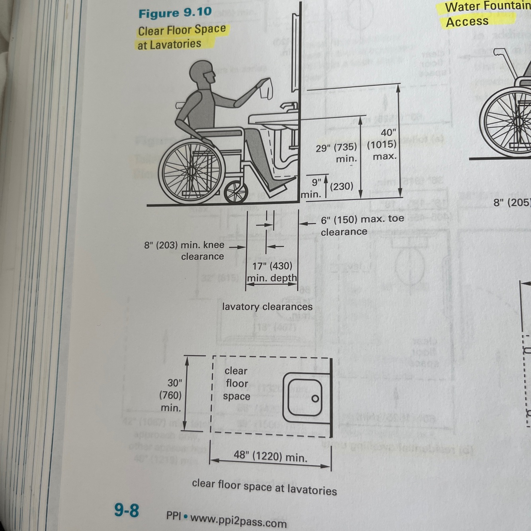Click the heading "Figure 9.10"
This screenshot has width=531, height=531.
[175, 13]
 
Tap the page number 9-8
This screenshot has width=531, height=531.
[127, 510]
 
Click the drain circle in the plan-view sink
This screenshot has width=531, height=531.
[315, 398]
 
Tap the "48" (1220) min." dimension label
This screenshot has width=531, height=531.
[270, 456]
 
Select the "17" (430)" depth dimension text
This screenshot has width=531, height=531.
[272, 266]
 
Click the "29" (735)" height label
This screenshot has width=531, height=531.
[336, 148]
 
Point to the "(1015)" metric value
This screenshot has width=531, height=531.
[382, 144]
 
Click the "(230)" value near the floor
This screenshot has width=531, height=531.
[342, 186]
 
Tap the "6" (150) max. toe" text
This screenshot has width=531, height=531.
[362, 219]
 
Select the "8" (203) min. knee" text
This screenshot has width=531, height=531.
[184, 245]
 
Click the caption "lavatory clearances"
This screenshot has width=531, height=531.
[267, 306]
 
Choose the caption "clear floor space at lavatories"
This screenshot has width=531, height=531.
[264, 487]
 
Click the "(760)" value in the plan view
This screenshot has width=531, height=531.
[170, 395]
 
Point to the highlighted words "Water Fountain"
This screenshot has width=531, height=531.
[488, 6]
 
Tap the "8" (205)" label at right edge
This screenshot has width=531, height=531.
[512, 202]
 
